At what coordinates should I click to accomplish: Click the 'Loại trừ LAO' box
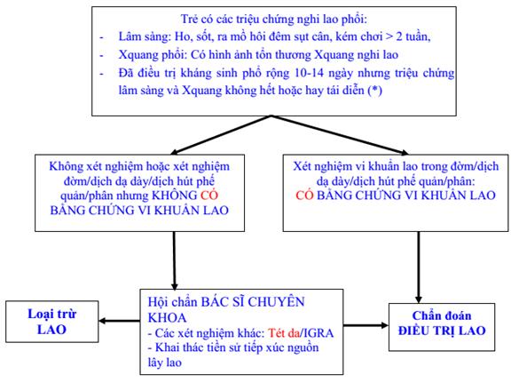(x=52, y=322)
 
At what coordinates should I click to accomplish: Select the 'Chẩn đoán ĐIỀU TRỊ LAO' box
(x=442, y=327)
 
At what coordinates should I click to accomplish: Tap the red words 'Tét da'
(x=284, y=333)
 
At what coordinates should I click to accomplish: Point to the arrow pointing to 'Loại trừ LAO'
(x=119, y=321)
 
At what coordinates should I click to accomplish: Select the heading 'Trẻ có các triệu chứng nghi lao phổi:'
(x=274, y=19)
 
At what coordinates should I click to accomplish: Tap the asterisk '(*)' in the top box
(x=374, y=90)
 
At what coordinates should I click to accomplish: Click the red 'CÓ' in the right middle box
(x=304, y=195)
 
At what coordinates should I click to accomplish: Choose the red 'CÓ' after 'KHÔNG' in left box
(x=209, y=195)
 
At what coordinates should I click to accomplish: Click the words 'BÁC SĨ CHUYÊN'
(x=253, y=302)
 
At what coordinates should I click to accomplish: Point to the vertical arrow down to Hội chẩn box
(x=175, y=260)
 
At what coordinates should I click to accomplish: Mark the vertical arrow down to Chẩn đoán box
(x=419, y=267)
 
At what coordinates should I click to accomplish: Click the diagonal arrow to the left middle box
(x=221, y=135)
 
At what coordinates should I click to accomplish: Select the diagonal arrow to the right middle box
(x=340, y=135)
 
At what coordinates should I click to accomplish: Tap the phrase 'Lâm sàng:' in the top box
(x=145, y=36)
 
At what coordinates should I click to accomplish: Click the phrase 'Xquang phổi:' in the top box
(x=152, y=55)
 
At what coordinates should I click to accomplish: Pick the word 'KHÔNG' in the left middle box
(x=175, y=195)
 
